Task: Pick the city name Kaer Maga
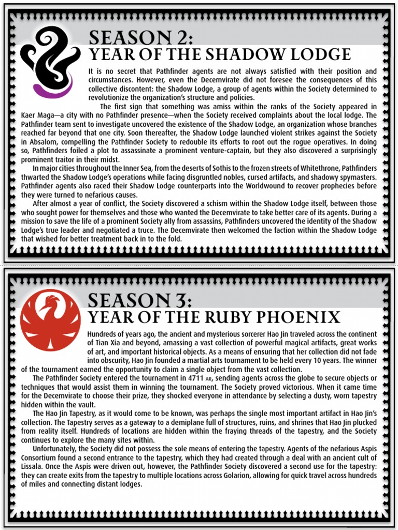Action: tap(38, 115)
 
